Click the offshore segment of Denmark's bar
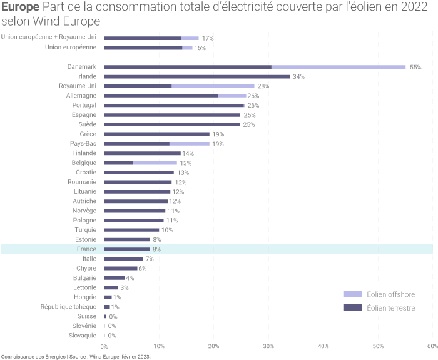click(339, 67)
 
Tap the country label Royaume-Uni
click(78, 86)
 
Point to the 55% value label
click(415, 67)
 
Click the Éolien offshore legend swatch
click(353, 294)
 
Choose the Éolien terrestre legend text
click(390, 307)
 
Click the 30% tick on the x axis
click(268, 346)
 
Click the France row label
click(86, 249)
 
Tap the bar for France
click(127, 249)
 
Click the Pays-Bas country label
click(83, 143)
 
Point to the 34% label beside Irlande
click(298, 76)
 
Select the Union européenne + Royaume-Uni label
click(49, 37)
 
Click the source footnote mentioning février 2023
click(76, 356)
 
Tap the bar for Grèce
click(156, 134)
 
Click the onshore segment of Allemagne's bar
click(161, 96)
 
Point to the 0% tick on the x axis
click(104, 346)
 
